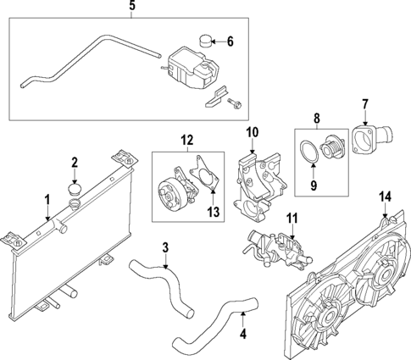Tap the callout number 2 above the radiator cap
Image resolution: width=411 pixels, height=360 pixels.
(75, 162)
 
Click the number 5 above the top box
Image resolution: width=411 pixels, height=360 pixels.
(131, 7)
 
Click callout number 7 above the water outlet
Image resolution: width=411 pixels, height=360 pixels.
(365, 104)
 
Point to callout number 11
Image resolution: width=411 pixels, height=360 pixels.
(292, 219)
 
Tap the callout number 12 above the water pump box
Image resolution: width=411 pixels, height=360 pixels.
(187, 138)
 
